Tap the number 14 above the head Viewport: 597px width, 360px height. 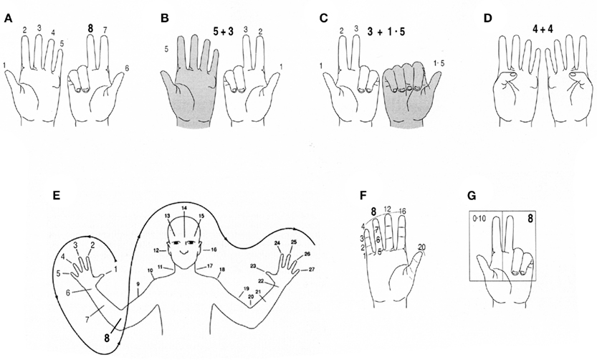(x=184, y=208)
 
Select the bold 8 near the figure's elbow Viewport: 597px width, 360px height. (x=108, y=337)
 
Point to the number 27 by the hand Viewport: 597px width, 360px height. (x=312, y=270)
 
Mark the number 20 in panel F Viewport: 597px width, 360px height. (x=422, y=246)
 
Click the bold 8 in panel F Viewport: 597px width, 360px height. (x=373, y=211)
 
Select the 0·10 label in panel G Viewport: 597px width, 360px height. (x=480, y=218)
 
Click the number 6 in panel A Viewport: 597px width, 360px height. (x=128, y=69)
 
